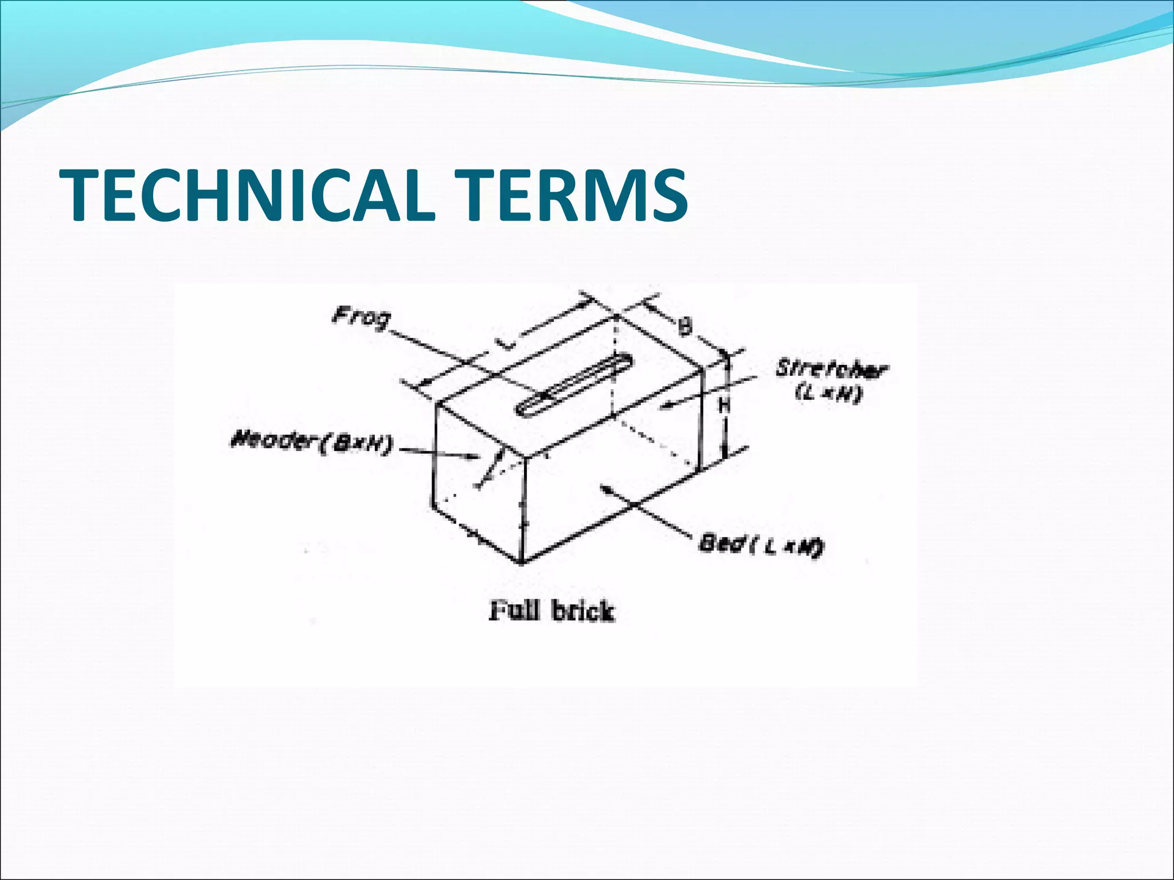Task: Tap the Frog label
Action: (x=361, y=318)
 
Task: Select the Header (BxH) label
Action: (x=311, y=443)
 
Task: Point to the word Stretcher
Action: (x=831, y=370)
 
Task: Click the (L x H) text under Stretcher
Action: (x=829, y=394)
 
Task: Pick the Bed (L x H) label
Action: (x=761, y=544)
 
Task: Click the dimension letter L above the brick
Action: (x=504, y=344)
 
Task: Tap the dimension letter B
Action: (x=684, y=327)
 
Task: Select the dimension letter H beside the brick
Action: (x=725, y=406)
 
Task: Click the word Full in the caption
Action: (x=514, y=611)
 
